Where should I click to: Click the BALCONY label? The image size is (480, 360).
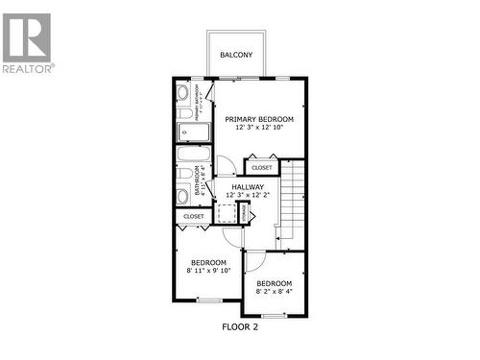click(x=236, y=56)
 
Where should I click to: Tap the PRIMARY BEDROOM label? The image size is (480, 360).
click(x=259, y=118)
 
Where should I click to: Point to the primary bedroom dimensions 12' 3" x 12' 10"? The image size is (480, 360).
click(x=259, y=128)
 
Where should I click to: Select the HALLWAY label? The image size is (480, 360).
click(x=248, y=186)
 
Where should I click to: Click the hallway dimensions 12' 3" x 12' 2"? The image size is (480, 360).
click(x=248, y=196)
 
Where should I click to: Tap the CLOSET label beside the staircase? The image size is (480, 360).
click(x=262, y=167)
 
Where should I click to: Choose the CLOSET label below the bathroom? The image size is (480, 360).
click(x=194, y=217)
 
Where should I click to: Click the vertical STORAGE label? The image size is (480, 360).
click(x=244, y=212)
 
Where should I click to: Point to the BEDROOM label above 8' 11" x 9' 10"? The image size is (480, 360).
click(x=208, y=262)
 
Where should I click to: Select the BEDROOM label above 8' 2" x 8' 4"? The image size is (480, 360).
click(x=274, y=283)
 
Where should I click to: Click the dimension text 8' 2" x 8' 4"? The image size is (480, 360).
click(x=274, y=293)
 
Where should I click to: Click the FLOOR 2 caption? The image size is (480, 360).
click(x=240, y=327)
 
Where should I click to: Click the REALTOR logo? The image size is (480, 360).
click(x=28, y=43)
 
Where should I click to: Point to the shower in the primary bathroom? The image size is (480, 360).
click(x=186, y=131)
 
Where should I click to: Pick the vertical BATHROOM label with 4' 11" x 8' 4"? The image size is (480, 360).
click(x=199, y=180)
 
